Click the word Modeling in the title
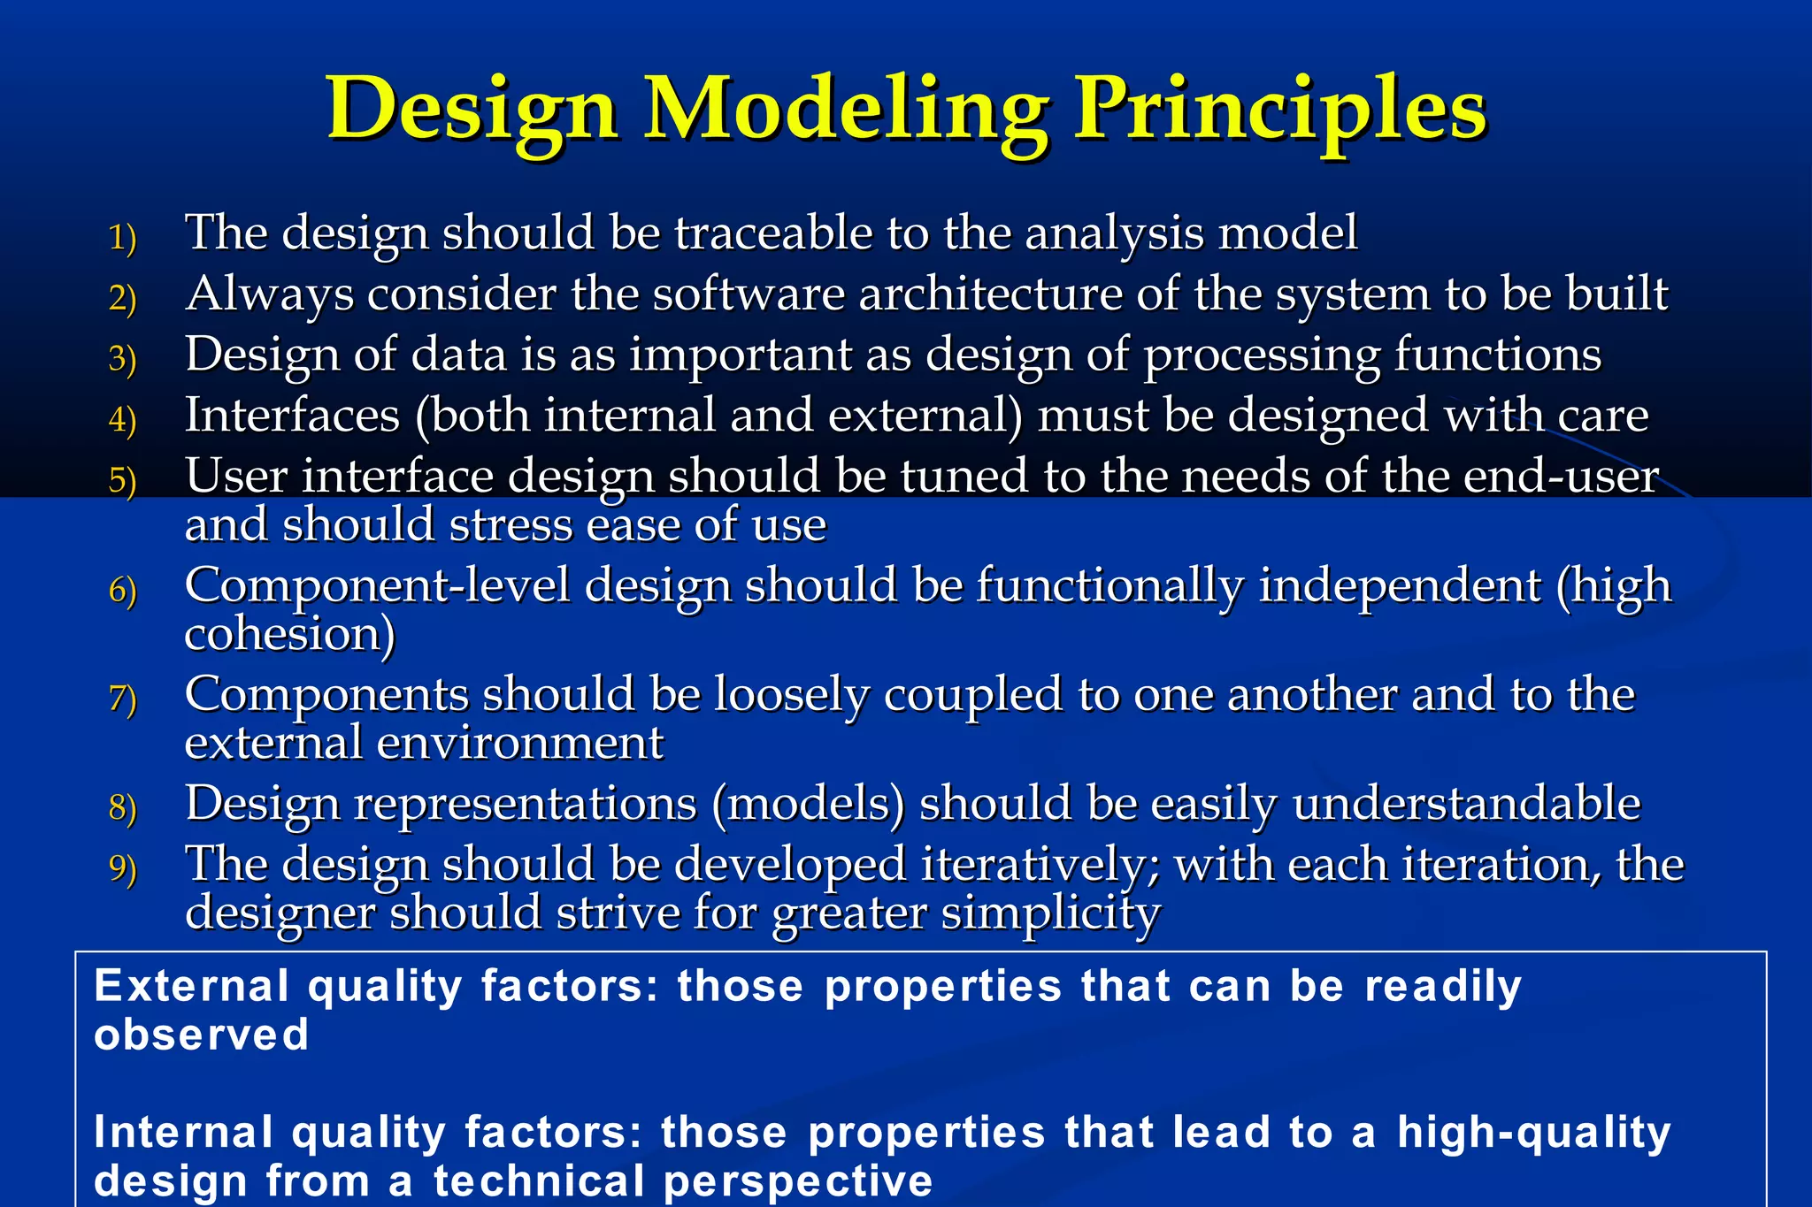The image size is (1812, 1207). [845, 111]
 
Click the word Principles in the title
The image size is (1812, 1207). [1279, 111]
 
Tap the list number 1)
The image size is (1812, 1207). [122, 239]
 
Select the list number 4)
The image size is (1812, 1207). [122, 420]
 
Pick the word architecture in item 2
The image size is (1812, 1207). [990, 294]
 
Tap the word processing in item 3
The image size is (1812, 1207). [1261, 356]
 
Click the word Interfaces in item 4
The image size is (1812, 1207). [292, 416]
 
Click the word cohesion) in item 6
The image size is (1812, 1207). [289, 634]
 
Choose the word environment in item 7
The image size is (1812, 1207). [519, 744]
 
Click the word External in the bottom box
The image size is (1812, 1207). [189, 986]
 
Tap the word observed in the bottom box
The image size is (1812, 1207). [201, 1035]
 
